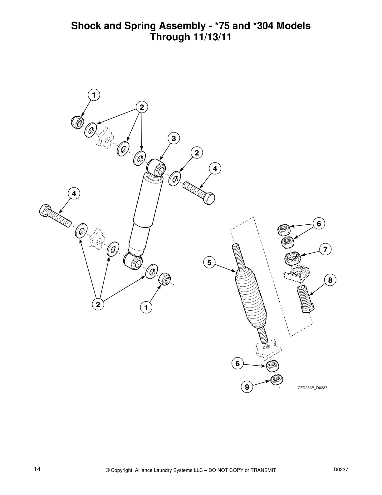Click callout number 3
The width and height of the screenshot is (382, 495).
coord(174,138)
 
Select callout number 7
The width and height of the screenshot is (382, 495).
coord(325,249)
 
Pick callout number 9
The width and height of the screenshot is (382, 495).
coord(247,387)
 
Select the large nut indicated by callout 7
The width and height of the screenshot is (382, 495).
coord(292,258)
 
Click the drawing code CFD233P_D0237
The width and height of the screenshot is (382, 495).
coord(312,388)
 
